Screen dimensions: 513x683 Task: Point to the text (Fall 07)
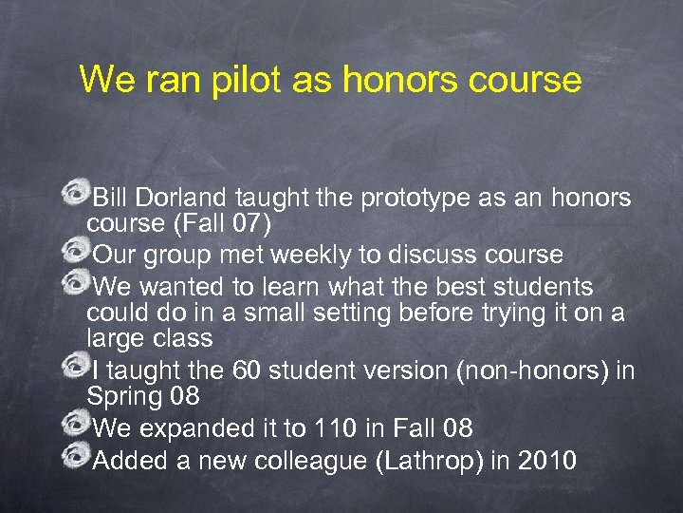tap(224, 224)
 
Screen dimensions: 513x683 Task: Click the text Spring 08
tap(142, 396)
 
